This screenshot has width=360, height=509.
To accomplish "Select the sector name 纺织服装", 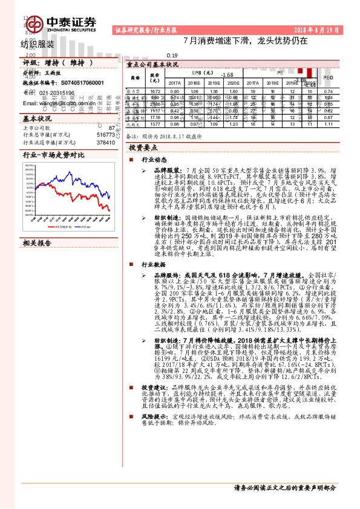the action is pyautogui.click(x=37, y=44).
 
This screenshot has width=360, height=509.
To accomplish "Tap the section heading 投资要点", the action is pyautogui.click(x=143, y=147).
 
